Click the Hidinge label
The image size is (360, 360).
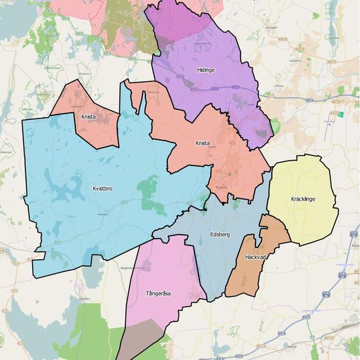coord(206,69)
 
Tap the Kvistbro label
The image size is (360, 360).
coord(99,189)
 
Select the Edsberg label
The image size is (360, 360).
coord(219,234)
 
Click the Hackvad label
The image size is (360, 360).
coord(255,256)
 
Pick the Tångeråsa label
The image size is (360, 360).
coord(158,293)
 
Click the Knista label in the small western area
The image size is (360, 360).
coord(88,117)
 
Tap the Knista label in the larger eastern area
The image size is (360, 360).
coord(203,143)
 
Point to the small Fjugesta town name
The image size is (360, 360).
coord(221,187)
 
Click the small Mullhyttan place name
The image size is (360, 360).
coord(102,215)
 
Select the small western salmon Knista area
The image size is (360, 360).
coord(93,130)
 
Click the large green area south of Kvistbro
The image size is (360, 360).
coord(87,333)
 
